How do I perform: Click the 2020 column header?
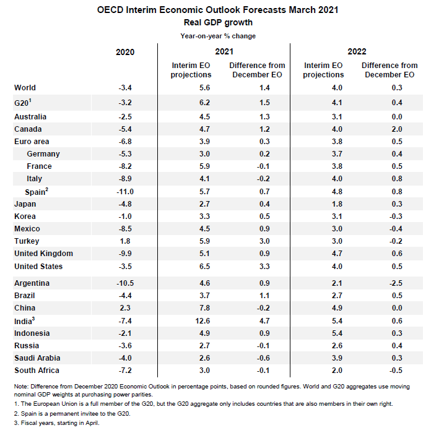click(125, 52)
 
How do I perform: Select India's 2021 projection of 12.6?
click(202, 321)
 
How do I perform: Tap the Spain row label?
click(37, 192)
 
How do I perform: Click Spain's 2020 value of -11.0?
click(125, 192)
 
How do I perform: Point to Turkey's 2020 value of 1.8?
click(125, 241)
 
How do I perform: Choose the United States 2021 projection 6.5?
click(204, 267)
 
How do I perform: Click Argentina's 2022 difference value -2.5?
click(396, 283)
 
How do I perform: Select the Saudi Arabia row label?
click(37, 358)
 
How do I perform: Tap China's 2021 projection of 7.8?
click(204, 308)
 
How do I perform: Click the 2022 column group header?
click(357, 51)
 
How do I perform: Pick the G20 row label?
click(23, 103)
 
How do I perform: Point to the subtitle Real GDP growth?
click(218, 22)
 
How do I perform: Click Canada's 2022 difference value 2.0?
click(397, 129)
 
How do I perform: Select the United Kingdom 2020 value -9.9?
click(125, 254)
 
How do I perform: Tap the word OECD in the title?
click(110, 10)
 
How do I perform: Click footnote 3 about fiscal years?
click(57, 422)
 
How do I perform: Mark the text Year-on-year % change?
click(218, 36)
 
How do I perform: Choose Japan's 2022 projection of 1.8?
click(337, 204)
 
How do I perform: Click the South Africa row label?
click(37, 371)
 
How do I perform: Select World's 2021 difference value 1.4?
click(264, 88)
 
